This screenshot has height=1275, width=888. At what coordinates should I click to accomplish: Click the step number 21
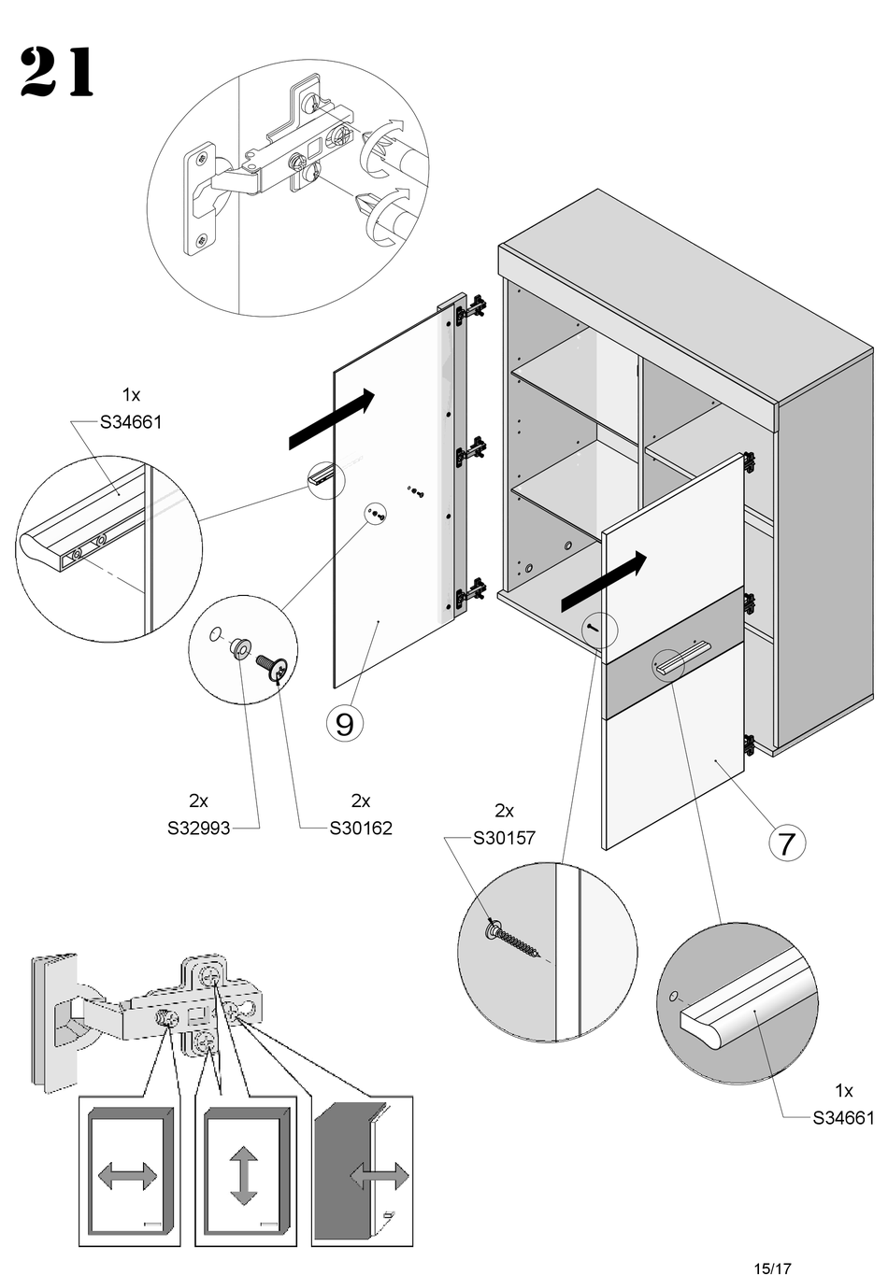(x=57, y=72)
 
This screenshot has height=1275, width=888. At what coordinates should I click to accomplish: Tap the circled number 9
(x=344, y=723)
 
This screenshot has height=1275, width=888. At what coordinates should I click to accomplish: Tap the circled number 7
(x=786, y=843)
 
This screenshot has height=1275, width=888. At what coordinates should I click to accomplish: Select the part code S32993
(x=198, y=828)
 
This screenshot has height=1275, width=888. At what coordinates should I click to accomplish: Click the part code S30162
(x=361, y=828)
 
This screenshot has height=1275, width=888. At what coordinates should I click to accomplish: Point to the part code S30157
(x=504, y=838)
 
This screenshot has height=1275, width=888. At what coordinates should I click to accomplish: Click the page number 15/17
(x=772, y=1268)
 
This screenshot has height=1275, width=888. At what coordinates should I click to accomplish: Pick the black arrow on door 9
(x=332, y=418)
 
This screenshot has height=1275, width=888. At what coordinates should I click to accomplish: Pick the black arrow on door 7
(x=603, y=581)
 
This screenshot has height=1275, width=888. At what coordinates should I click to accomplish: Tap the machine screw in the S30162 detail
(x=273, y=667)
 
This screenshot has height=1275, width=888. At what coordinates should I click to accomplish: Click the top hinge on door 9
(x=472, y=308)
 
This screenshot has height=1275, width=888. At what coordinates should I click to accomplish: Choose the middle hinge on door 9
(x=470, y=453)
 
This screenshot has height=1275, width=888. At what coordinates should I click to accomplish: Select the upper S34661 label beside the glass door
(x=131, y=422)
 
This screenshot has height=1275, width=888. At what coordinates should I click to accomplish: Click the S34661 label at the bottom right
(x=843, y=1118)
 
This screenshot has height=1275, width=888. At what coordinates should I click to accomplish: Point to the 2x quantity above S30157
(x=504, y=811)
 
